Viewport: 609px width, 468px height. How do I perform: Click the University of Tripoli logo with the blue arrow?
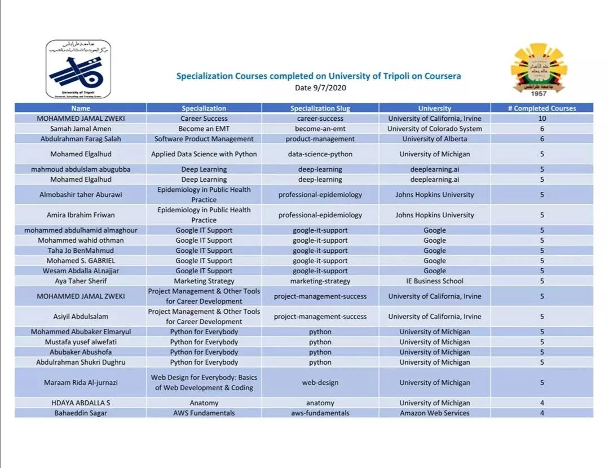pos(78,69)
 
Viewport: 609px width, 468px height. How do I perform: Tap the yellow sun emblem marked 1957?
pos(539,69)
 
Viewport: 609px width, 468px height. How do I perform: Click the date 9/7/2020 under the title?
pos(320,88)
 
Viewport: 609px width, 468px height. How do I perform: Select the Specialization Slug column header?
pos(320,108)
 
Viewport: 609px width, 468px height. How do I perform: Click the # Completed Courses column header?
pos(541,108)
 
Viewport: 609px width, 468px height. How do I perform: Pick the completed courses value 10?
pos(542,119)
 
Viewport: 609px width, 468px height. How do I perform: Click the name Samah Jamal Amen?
pos(81,129)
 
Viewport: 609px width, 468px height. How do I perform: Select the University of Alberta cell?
pos(434,139)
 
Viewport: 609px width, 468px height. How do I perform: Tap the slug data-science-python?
pos(320,154)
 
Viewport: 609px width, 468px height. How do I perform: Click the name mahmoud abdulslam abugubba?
pos(81,169)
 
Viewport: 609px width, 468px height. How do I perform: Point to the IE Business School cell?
pos(434,281)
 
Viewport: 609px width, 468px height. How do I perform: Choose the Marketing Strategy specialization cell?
pos(204,281)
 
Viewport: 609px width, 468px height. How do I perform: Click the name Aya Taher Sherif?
pos(81,281)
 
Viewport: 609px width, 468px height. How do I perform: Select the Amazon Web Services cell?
pos(434,413)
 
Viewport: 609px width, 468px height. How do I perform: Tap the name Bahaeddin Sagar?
pos(81,413)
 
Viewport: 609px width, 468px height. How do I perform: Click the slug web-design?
pos(320,383)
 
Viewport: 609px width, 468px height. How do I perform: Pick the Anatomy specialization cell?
pos(204,403)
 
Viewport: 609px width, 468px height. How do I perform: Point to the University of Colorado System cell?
pos(434,129)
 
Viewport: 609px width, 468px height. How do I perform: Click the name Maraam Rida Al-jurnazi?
pos(81,383)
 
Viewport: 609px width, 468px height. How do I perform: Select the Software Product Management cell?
pos(204,139)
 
